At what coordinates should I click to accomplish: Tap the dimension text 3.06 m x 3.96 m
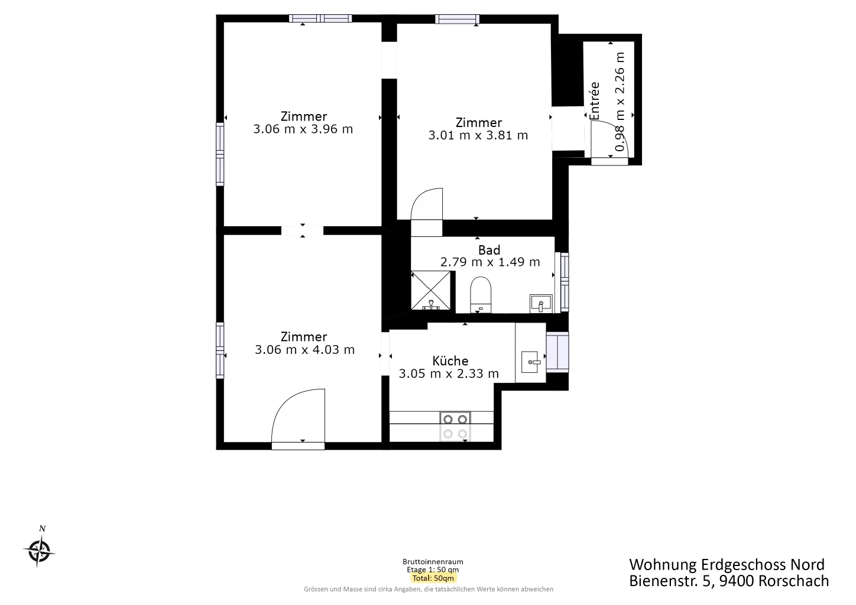(303, 129)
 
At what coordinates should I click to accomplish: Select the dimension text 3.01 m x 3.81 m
(478, 135)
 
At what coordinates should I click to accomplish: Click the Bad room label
(489, 250)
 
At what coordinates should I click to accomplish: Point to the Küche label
(450, 360)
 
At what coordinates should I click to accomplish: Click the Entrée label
(594, 101)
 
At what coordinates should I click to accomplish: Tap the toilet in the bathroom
(481, 295)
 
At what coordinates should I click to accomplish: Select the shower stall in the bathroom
(431, 290)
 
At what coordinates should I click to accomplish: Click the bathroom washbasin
(541, 304)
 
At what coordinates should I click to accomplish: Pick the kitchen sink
(531, 362)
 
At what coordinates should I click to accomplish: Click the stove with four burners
(455, 426)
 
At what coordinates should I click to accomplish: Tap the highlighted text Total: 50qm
(433, 578)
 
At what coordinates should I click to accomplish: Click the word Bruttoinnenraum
(433, 561)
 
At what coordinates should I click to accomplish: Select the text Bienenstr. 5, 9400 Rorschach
(729, 581)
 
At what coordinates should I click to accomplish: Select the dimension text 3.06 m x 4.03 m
(304, 350)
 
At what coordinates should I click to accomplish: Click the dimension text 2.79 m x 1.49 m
(490, 262)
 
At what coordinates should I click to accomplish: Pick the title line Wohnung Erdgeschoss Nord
(727, 564)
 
